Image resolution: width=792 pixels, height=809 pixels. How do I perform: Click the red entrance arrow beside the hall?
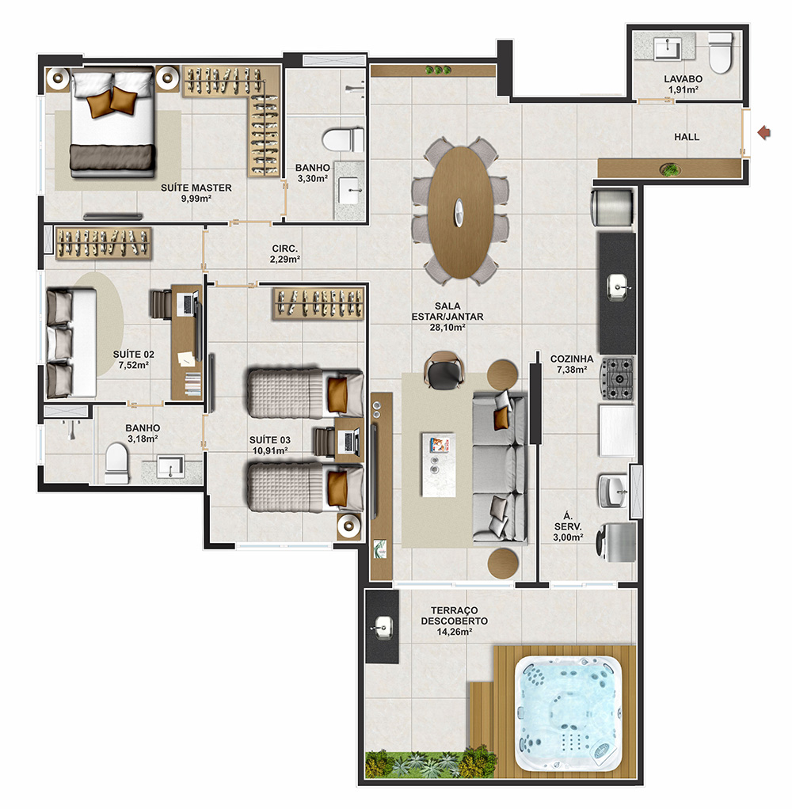pyautogui.click(x=764, y=133)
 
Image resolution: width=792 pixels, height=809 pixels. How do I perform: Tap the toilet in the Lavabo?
pyautogui.click(x=721, y=52)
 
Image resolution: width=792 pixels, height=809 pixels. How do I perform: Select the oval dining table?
pyautogui.click(x=459, y=212)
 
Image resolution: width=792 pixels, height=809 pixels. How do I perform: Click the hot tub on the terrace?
pyautogui.click(x=569, y=713)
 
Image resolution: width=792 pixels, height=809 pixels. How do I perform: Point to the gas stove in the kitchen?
pyautogui.click(x=617, y=378)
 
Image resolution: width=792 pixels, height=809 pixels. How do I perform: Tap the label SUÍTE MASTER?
pyautogui.click(x=196, y=188)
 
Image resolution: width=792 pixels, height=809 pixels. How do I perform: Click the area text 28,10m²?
pyautogui.click(x=447, y=327)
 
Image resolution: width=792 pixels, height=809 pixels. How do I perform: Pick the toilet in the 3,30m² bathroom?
pyautogui.click(x=344, y=140)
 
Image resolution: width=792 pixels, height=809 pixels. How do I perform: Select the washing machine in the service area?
pyautogui.click(x=616, y=542)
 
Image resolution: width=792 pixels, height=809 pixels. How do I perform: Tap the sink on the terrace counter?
pyautogui.click(x=383, y=628)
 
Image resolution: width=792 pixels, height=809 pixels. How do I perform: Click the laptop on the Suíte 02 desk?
pyautogui.click(x=187, y=303)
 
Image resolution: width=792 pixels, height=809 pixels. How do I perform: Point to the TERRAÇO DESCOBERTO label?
pyautogui.click(x=455, y=616)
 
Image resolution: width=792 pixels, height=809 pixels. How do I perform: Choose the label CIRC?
pyautogui.click(x=285, y=249)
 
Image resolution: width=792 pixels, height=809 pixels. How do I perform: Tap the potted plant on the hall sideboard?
pyautogui.click(x=670, y=169)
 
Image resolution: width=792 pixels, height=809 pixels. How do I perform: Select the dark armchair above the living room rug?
pyautogui.click(x=444, y=370)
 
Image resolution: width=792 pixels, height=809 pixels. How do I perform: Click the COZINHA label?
pyautogui.click(x=572, y=359)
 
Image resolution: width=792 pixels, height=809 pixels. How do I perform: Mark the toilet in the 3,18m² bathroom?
pyautogui.click(x=116, y=463)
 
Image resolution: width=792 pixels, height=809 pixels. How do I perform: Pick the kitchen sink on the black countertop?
pyautogui.click(x=619, y=287)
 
